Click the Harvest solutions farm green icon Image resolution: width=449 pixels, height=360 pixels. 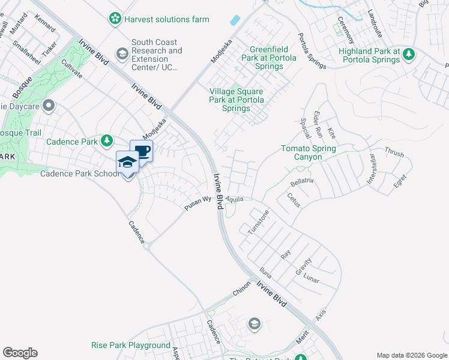(115, 19)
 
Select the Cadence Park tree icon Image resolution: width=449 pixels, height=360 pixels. (106, 141)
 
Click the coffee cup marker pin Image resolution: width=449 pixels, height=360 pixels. (142, 151)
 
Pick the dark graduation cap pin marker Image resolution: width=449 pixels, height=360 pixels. (127, 162)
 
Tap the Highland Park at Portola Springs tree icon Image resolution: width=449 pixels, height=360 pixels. (409, 55)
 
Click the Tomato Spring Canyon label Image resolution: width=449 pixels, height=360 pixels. (309, 152)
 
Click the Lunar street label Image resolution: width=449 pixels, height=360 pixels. (311, 280)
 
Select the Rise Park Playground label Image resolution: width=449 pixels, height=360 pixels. (131, 346)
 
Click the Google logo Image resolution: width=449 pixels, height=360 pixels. (20, 353)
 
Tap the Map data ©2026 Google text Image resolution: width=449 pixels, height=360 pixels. (411, 355)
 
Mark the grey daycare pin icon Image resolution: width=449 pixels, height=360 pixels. (49, 106)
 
